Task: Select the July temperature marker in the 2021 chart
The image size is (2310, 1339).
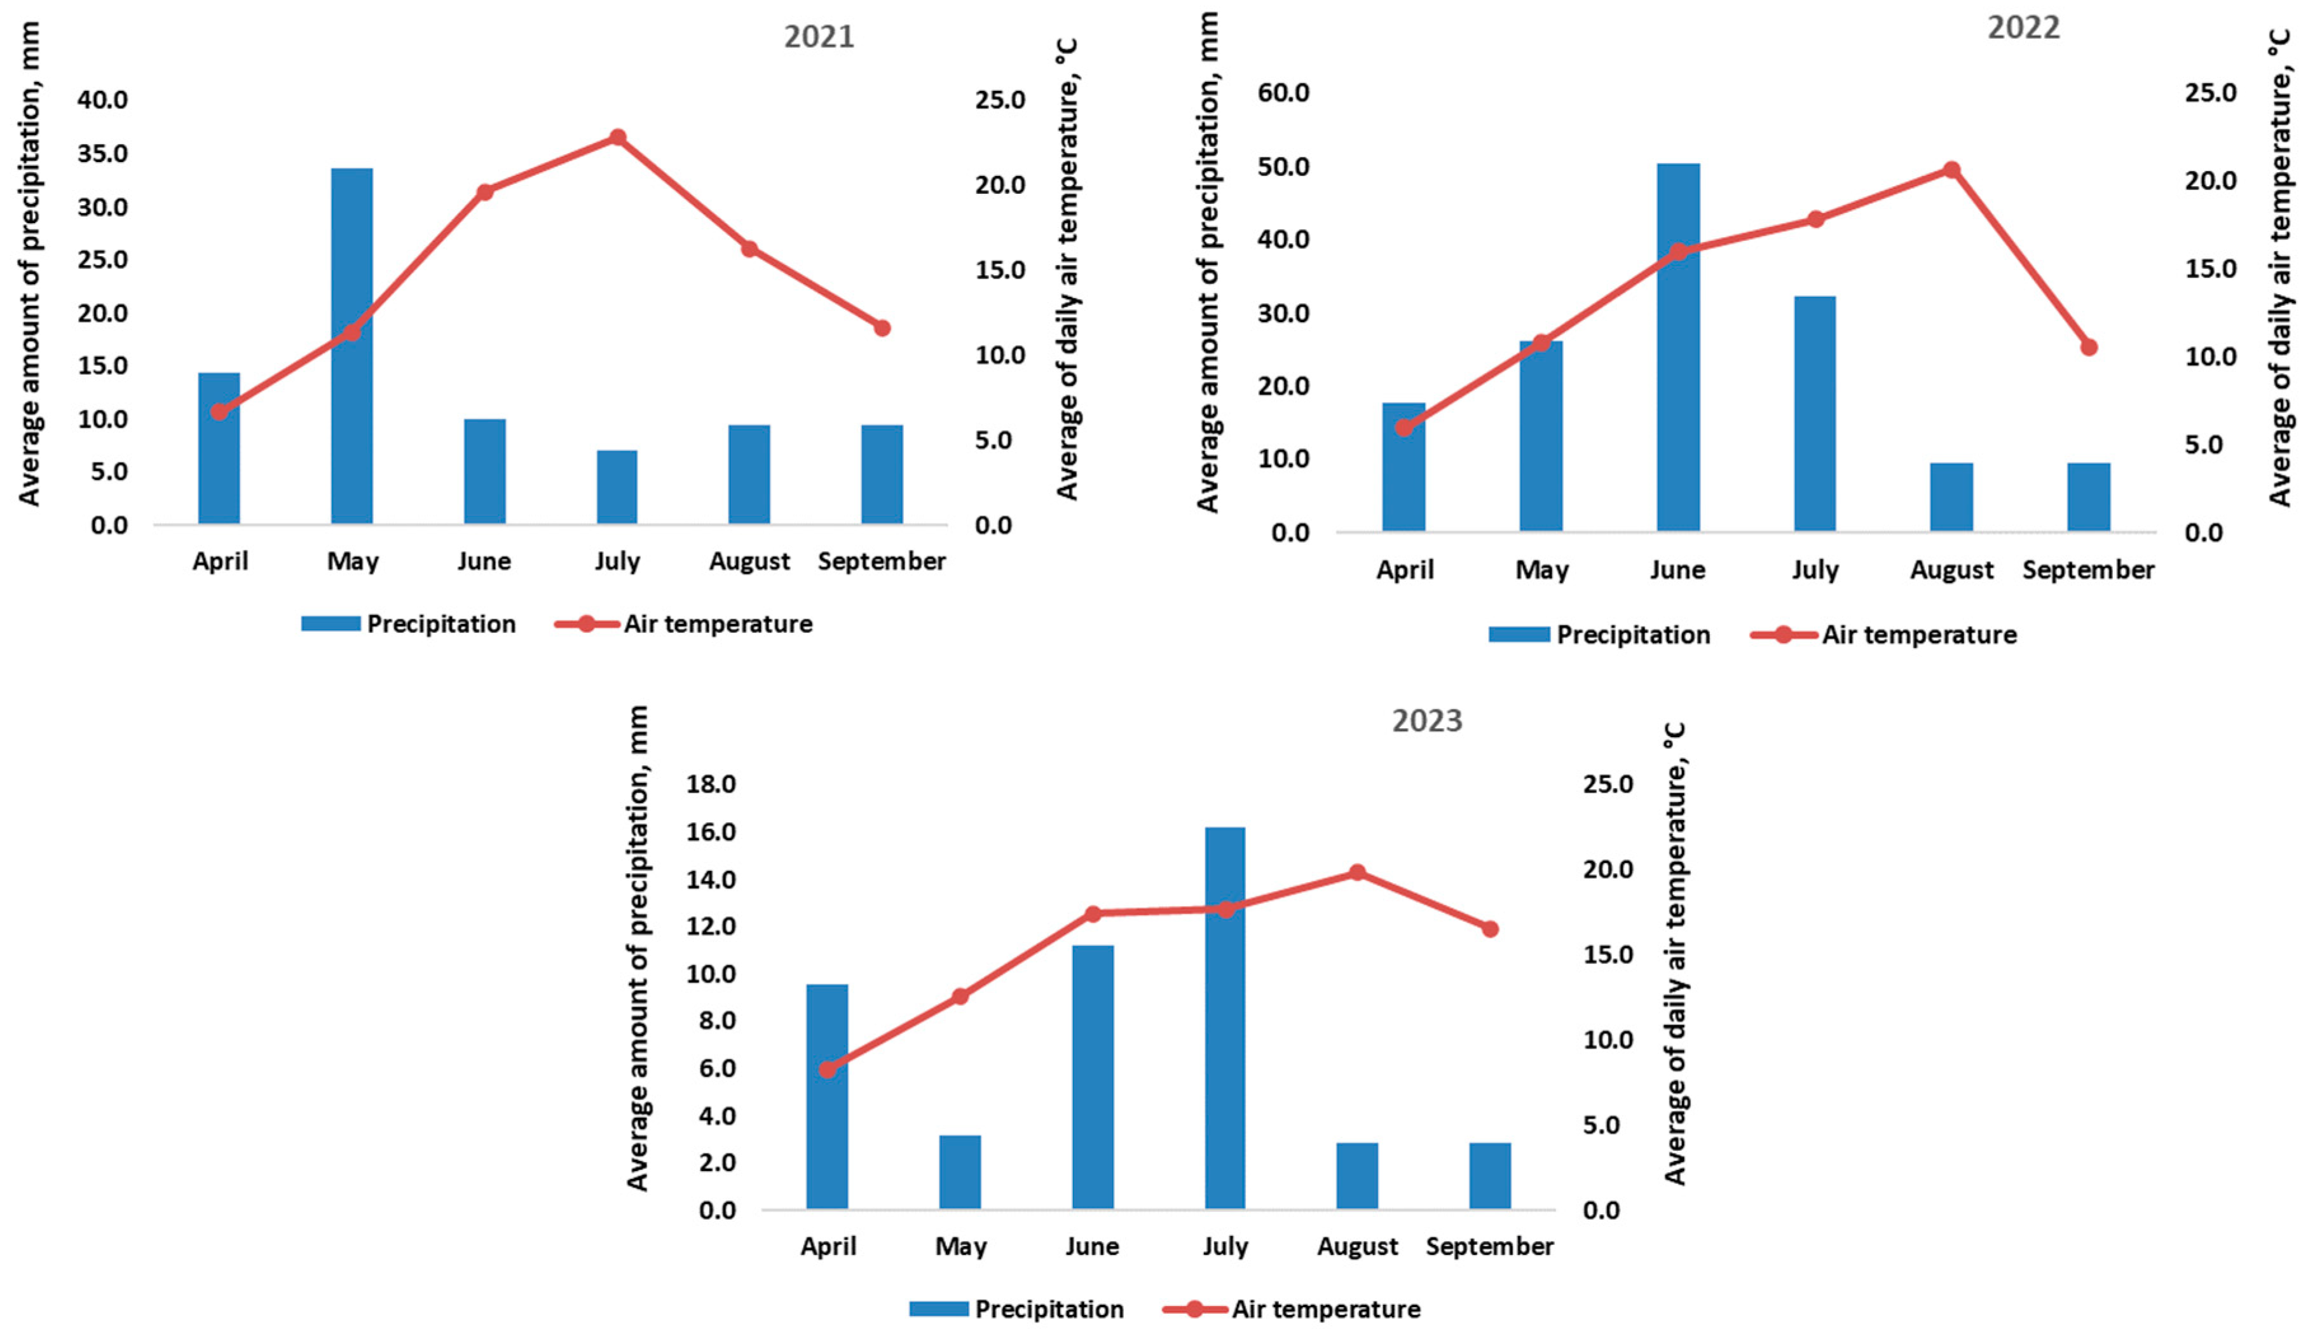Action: coord(618,137)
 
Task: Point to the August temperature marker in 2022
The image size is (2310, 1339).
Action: coord(1951,170)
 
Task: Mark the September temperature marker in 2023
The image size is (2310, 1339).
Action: coord(1489,928)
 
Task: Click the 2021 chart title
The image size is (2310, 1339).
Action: coord(819,37)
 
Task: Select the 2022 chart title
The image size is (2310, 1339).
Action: coord(2023,27)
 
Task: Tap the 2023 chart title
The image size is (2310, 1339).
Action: coord(1426,721)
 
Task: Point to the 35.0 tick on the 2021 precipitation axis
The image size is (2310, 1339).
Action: coord(103,153)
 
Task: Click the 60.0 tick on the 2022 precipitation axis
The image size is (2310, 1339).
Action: coord(1283,93)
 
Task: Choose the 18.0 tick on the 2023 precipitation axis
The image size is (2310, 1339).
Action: coord(711,784)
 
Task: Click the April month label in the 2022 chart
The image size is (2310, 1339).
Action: coord(1404,570)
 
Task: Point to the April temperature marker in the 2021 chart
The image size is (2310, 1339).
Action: coord(219,412)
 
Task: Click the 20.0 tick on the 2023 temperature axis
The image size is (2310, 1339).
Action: coord(1608,869)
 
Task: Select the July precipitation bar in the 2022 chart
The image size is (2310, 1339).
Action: coord(1815,412)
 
